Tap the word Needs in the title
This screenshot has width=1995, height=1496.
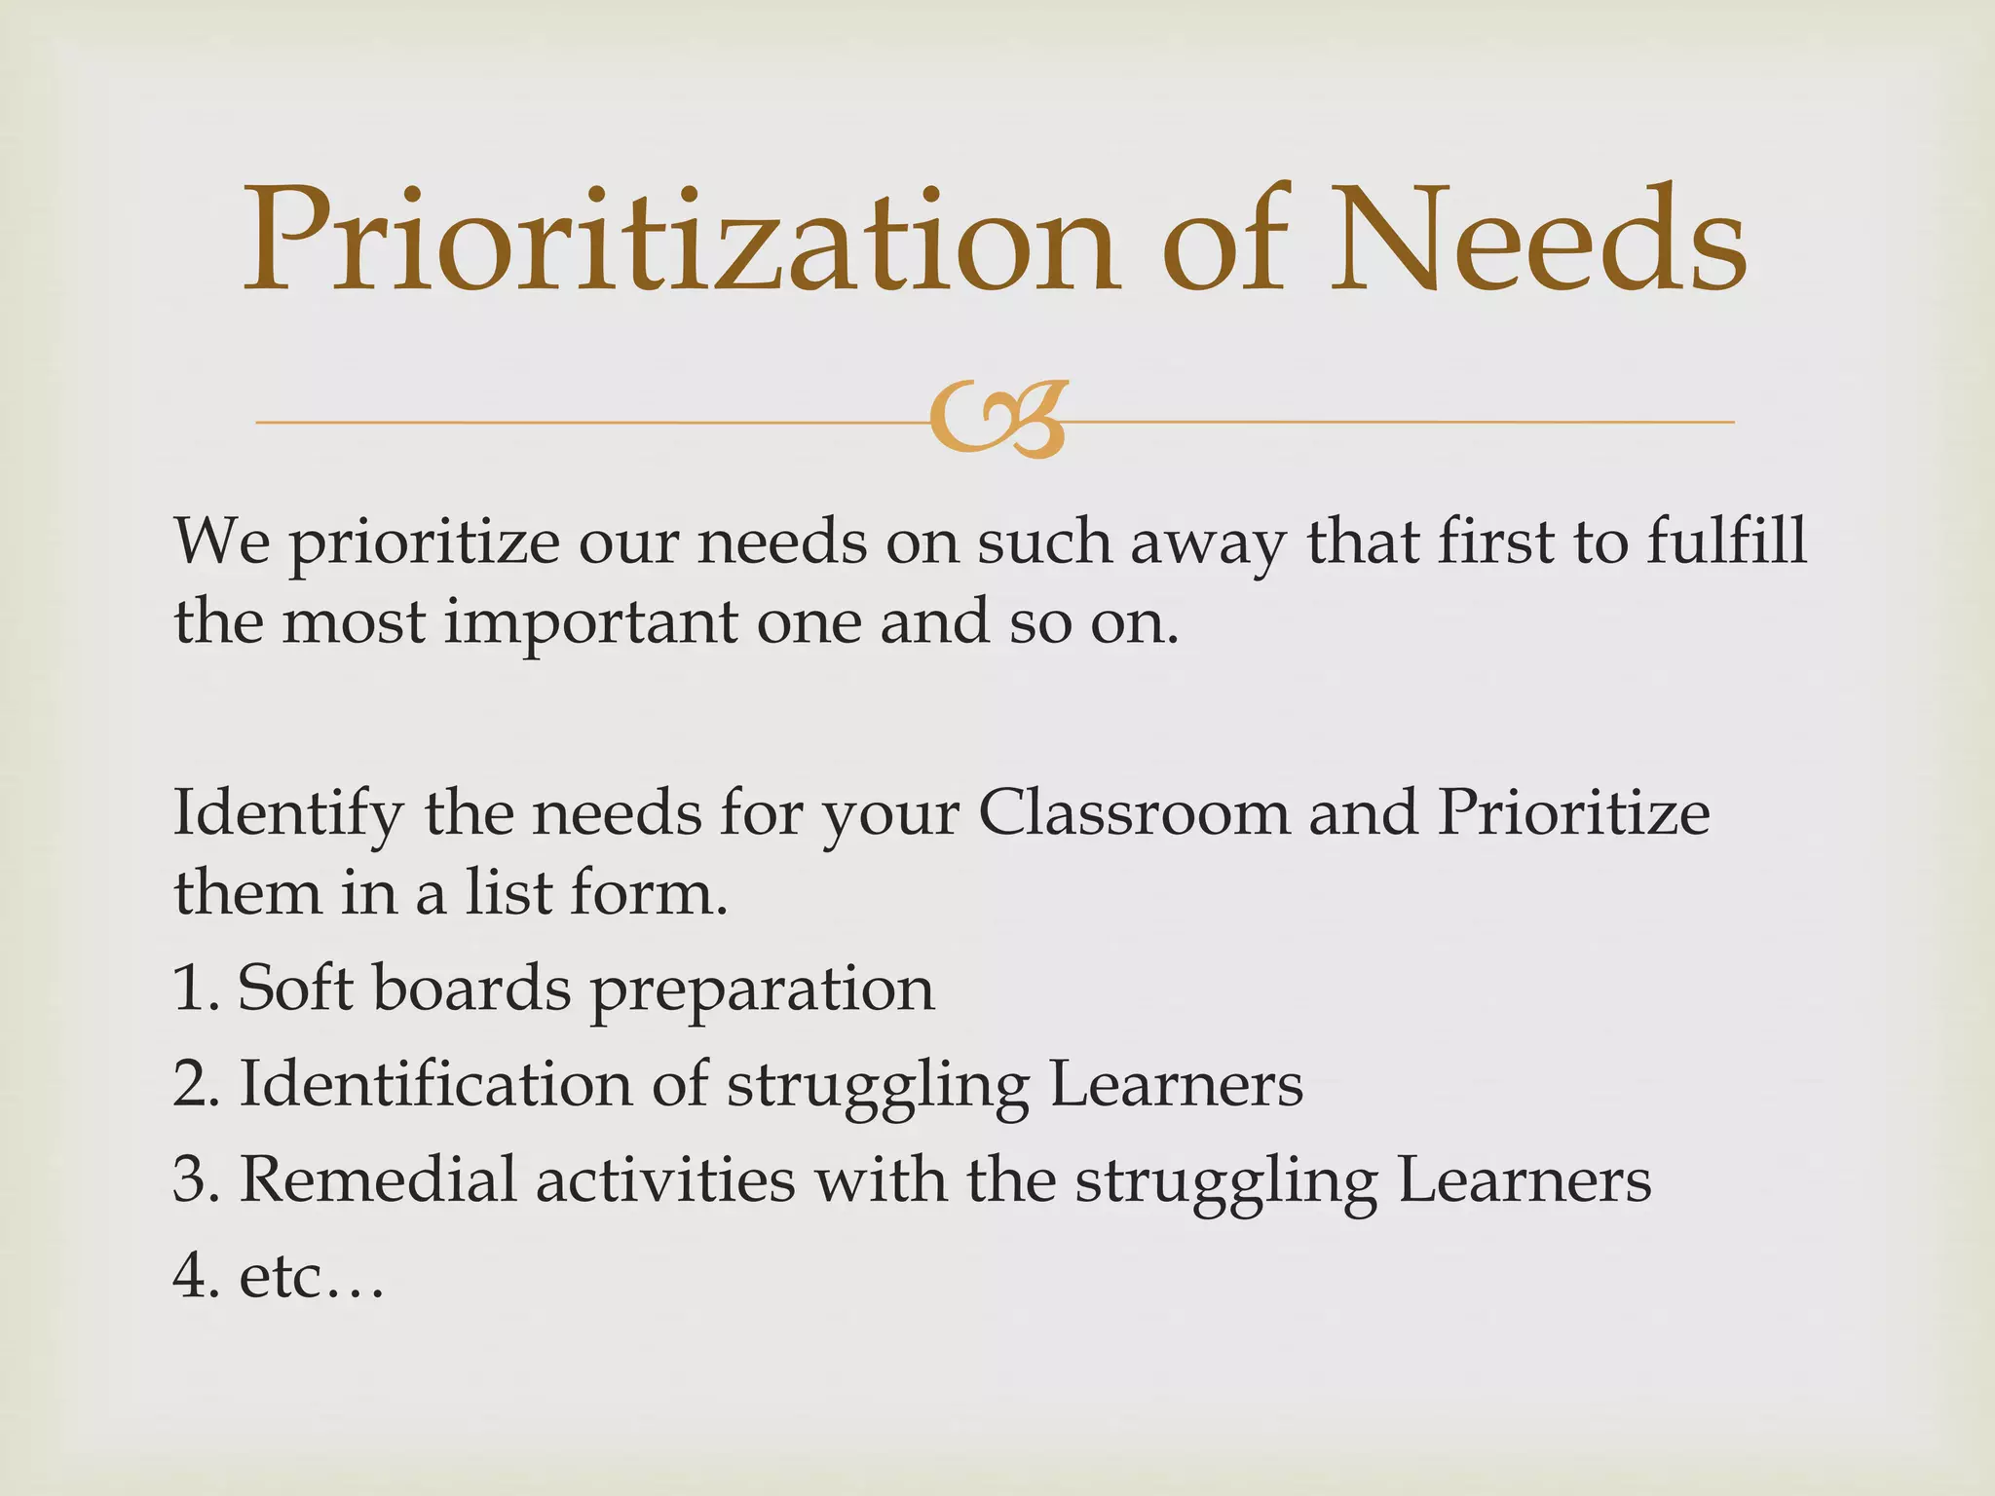(1539, 241)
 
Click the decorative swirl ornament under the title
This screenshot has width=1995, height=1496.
(997, 421)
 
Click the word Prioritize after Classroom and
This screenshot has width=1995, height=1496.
(1573, 812)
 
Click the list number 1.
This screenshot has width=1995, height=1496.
(190, 988)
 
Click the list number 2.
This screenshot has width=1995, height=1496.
(191, 1083)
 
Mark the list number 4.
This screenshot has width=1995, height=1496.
(191, 1275)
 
